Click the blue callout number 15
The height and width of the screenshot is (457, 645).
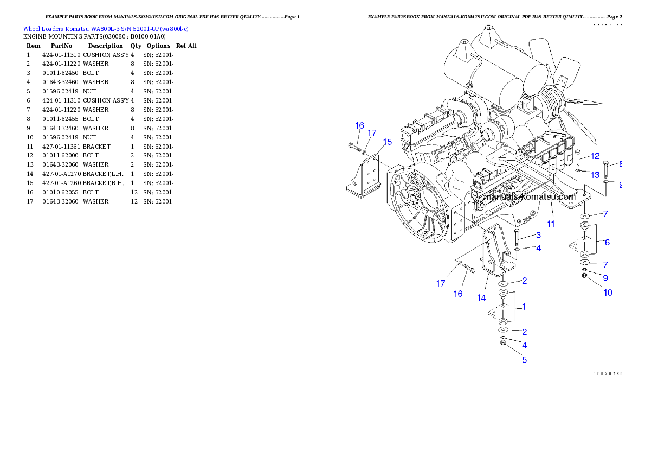(387, 142)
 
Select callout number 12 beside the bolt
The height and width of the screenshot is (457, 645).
(595, 156)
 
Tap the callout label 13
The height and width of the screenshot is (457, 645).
(595, 175)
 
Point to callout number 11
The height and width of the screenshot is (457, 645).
(551, 223)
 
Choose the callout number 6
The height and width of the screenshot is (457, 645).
(607, 242)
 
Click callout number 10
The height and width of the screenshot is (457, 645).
(608, 293)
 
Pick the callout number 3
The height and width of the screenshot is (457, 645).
(538, 235)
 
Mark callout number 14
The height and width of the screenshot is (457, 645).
(481, 297)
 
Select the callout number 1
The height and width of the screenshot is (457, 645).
(524, 307)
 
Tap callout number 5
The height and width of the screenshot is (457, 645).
(524, 359)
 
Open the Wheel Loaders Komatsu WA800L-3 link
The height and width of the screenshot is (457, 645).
(106, 29)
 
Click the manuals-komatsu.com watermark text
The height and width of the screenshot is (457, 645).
(530, 197)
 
